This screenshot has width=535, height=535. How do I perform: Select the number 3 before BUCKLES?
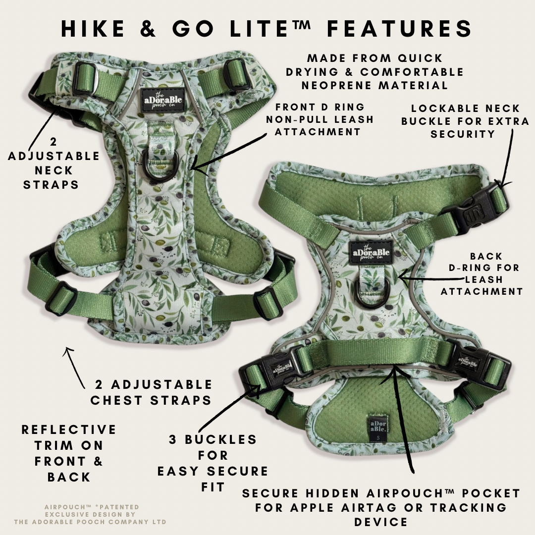(173, 439)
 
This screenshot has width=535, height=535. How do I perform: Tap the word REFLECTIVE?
(68, 429)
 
